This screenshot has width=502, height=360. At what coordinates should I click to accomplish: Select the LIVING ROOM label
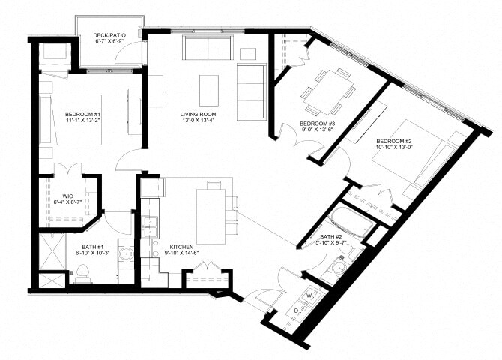pos(198,115)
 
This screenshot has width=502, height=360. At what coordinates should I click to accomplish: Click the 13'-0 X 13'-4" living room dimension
pos(198,123)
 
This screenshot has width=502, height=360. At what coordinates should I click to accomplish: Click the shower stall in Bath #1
pos(52,250)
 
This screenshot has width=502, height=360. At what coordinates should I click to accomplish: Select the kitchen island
pos(211,215)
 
